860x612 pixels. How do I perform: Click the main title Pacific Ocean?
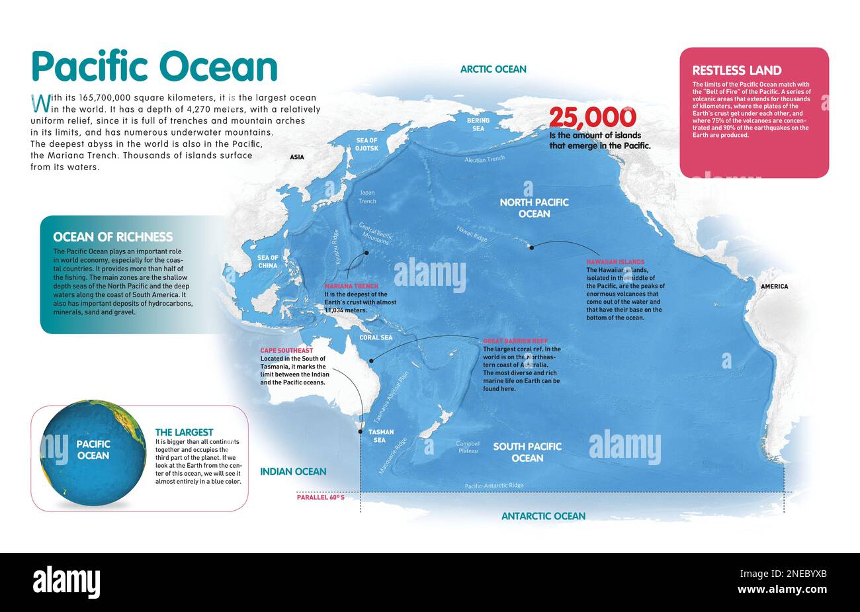click(x=154, y=67)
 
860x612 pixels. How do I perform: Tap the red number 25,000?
click(x=592, y=118)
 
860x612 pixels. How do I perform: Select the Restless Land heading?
click(x=736, y=70)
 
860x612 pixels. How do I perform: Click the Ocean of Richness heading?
click(x=112, y=237)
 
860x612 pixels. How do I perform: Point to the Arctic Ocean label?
click(x=493, y=69)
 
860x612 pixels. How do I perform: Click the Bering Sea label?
click(x=478, y=124)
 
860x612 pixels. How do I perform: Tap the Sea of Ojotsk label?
click(x=366, y=144)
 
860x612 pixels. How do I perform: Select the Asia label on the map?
click(x=296, y=157)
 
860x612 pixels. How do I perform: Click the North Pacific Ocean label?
click(x=534, y=208)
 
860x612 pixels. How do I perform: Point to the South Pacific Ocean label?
click(x=527, y=452)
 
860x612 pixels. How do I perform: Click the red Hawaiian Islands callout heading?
click(x=615, y=262)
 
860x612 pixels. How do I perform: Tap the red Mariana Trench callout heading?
click(x=351, y=286)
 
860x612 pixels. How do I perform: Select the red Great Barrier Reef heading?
click(x=515, y=341)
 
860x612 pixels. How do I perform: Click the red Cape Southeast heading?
click(x=286, y=350)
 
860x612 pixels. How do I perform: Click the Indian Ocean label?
click(x=293, y=472)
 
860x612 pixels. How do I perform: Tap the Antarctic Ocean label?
click(x=543, y=516)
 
